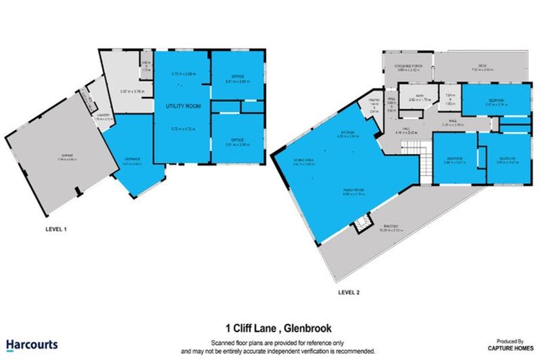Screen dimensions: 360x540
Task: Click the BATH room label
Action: [420, 96]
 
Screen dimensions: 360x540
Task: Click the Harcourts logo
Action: [32, 345]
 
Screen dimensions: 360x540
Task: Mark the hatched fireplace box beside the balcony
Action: [362, 224]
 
